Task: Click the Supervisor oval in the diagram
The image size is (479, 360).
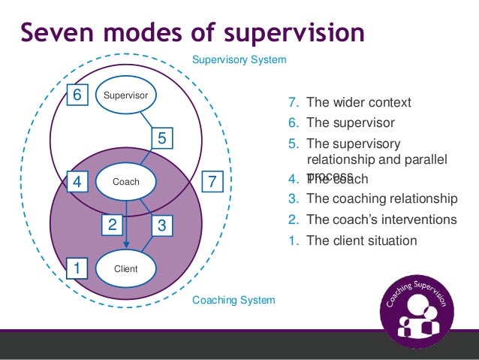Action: click(x=125, y=95)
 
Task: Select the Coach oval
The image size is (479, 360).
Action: click(x=125, y=181)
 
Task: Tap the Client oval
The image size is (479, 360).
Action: click(x=125, y=268)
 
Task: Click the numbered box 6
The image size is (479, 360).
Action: click(x=77, y=95)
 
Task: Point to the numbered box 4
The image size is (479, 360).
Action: click(x=77, y=182)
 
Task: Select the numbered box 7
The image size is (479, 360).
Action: click(x=213, y=182)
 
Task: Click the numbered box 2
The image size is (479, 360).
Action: click(x=112, y=224)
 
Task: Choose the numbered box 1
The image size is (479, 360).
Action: click(x=77, y=268)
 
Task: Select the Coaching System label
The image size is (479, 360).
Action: click(x=233, y=300)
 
